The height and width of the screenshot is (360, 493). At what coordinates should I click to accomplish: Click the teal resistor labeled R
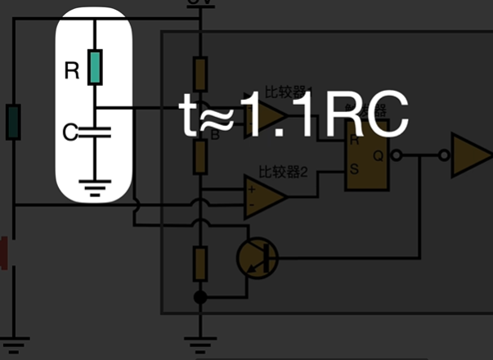point(95,68)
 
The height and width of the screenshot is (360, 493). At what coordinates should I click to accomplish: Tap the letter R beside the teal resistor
point(71,71)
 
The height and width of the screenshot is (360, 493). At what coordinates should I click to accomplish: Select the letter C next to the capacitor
point(70,131)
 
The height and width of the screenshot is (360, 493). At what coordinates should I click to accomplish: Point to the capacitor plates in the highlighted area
point(95,131)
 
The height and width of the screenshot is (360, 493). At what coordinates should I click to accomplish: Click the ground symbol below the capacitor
point(95,186)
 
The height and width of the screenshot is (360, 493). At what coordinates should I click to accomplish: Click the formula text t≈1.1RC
point(294,118)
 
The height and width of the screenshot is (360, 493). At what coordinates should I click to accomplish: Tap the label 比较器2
point(283,172)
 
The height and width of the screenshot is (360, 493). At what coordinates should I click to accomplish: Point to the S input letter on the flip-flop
point(354,170)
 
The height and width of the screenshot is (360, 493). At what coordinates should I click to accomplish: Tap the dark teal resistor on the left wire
point(13,122)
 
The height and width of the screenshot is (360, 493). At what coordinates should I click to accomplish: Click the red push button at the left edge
point(4,253)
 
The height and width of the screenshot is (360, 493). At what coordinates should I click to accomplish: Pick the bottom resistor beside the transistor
point(198,263)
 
